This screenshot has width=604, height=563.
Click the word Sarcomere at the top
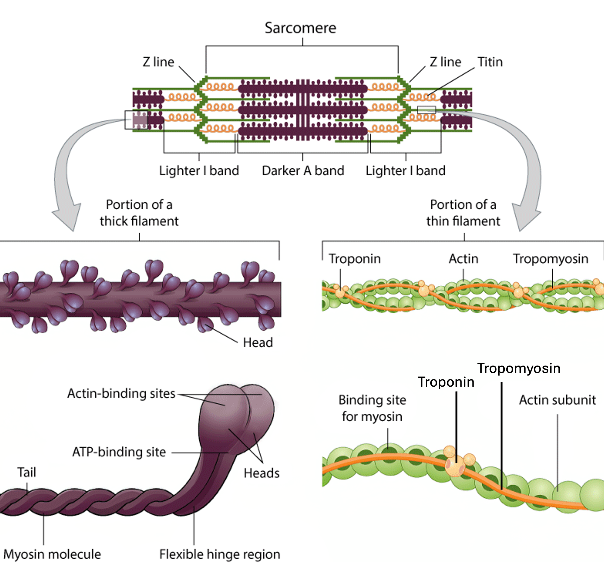[x=300, y=28]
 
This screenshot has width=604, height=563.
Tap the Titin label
[x=490, y=62]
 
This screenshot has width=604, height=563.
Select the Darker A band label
[x=303, y=171]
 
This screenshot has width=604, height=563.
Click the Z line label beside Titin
[x=445, y=62]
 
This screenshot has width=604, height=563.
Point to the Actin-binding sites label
[x=121, y=393]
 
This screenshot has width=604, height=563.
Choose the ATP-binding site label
[x=119, y=452]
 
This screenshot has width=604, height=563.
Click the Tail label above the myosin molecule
[x=27, y=472]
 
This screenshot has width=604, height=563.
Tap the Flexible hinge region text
[x=220, y=554]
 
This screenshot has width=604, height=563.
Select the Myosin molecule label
[x=52, y=554]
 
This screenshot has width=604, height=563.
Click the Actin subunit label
[x=557, y=400]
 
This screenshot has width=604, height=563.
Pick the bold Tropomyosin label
[x=519, y=368]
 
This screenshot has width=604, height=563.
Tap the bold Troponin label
[x=446, y=382]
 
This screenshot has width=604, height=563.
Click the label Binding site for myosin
[x=372, y=408]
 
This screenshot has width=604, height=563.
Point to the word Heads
[x=262, y=473]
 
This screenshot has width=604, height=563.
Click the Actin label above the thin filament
[x=463, y=259]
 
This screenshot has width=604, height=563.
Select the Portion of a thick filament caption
[x=139, y=213]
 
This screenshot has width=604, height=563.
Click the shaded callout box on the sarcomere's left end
[x=136, y=120]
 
